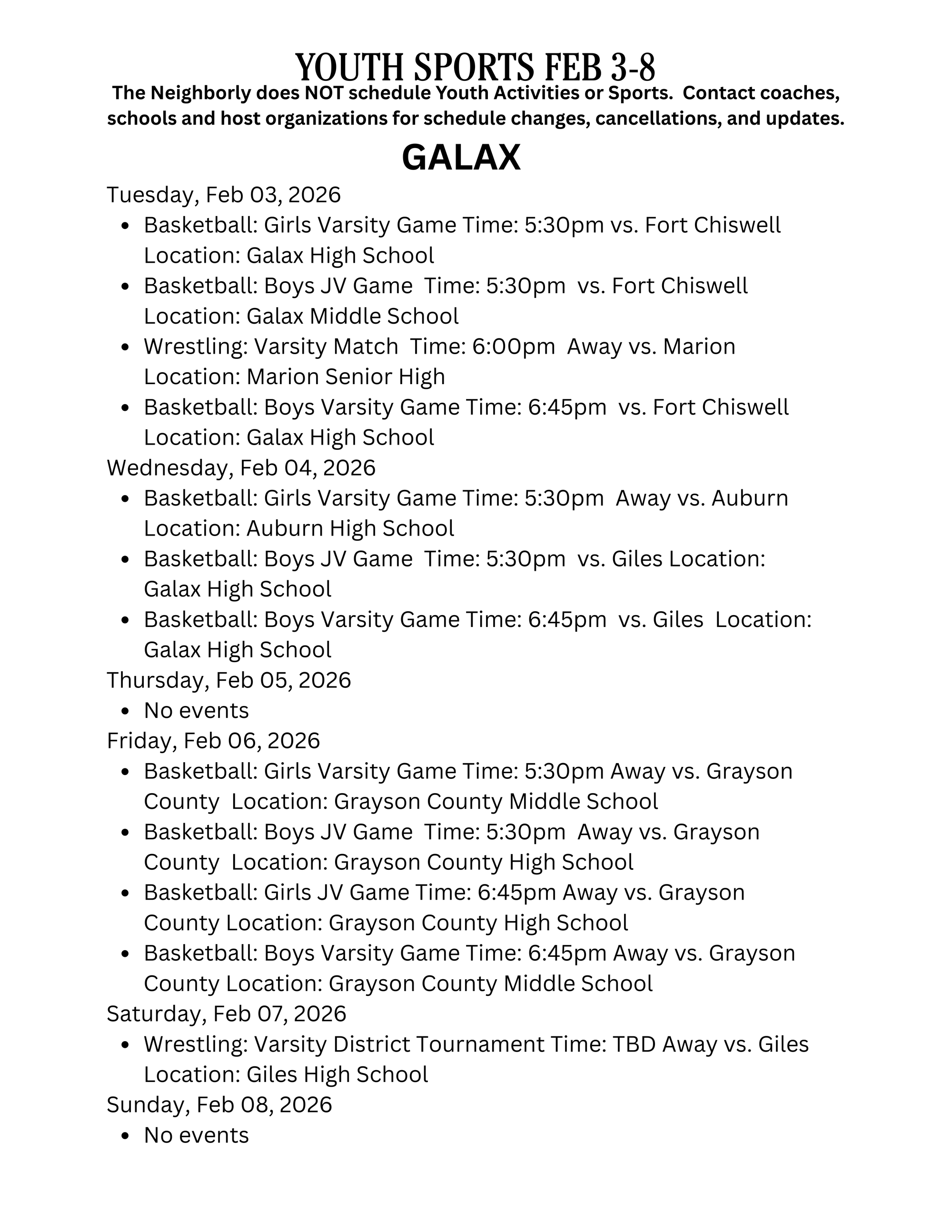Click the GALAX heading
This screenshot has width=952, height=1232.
click(x=461, y=158)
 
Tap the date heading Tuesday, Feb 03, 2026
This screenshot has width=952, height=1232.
click(x=224, y=195)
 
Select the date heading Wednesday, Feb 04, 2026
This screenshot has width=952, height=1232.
click(x=241, y=467)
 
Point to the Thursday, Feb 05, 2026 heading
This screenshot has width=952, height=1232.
click(x=229, y=680)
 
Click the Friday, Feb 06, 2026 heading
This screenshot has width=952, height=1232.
click(x=213, y=741)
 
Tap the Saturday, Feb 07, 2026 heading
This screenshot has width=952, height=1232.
click(x=226, y=1013)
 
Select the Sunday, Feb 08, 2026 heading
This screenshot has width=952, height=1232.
click(x=219, y=1104)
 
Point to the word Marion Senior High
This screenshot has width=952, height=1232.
click(x=346, y=377)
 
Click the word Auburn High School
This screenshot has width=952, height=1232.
click(x=350, y=528)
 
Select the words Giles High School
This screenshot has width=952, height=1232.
click(x=337, y=1074)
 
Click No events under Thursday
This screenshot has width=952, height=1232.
click(x=196, y=711)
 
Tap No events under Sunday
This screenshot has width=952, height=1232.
click(x=196, y=1135)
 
